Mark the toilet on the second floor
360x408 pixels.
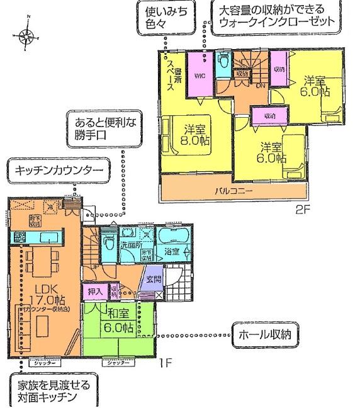coord(223,63)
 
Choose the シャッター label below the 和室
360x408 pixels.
coord(118,363)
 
